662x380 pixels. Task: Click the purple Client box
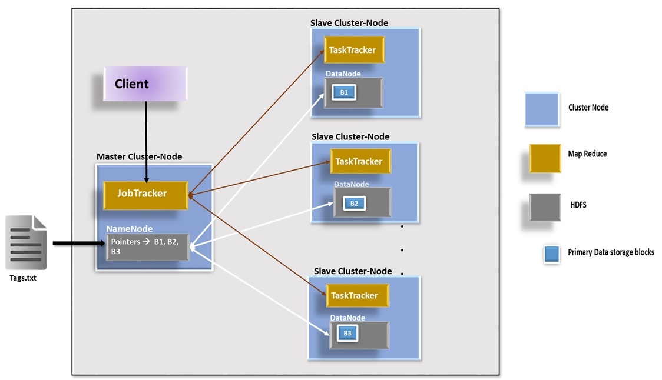pos(145,83)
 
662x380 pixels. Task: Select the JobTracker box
pos(145,194)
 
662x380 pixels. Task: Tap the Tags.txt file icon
pos(25,242)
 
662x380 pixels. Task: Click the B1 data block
pos(344,92)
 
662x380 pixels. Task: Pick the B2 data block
pos(354,203)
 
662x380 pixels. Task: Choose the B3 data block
pos(347,334)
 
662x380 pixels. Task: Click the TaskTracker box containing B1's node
pos(353,50)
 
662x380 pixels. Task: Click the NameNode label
pos(129,228)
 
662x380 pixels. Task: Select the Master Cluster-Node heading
pos(139,156)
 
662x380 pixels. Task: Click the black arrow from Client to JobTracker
pos(145,141)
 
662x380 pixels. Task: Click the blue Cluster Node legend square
pos(541,109)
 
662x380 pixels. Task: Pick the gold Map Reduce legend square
pos(545,158)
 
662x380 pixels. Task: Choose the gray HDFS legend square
pos(545,208)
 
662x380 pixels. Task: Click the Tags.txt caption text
pos(23,278)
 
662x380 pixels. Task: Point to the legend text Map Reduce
pos(587,154)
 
